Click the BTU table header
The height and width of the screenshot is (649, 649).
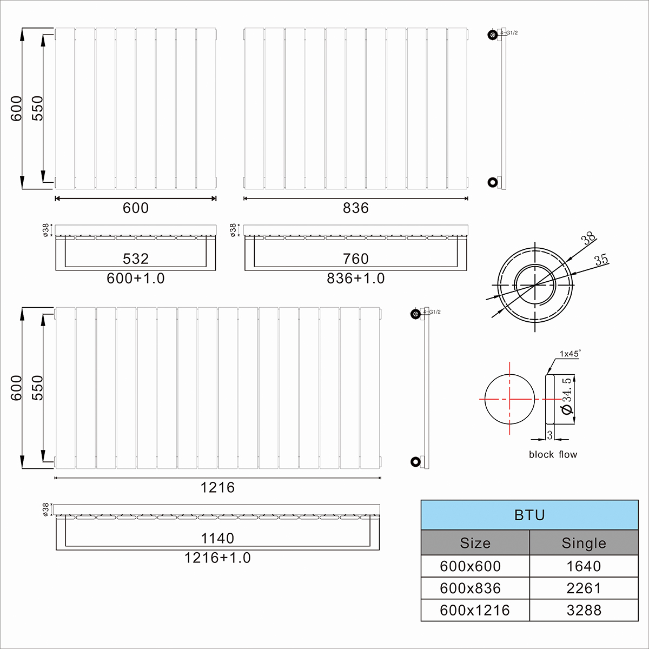[529, 515]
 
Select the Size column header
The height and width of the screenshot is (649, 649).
[475, 543]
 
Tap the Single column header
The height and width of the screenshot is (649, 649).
[584, 543]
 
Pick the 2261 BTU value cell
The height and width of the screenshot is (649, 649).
[584, 588]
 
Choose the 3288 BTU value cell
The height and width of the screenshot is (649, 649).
[584, 610]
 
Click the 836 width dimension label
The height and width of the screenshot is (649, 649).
[356, 208]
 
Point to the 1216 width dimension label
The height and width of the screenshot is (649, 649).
[217, 487]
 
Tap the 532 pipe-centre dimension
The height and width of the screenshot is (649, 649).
[136, 259]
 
